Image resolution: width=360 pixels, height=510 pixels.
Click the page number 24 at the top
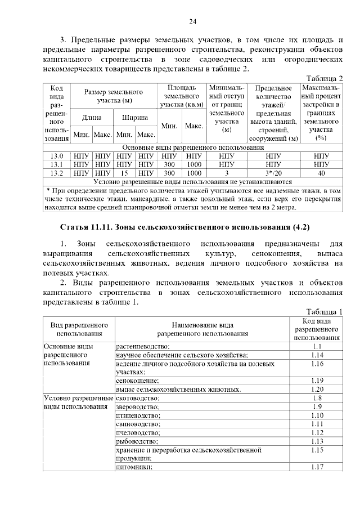point(192,21)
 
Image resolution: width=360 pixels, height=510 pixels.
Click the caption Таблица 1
point(324,311)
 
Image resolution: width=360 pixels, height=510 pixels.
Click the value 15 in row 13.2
point(125,173)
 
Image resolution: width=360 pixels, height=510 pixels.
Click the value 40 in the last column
point(321,173)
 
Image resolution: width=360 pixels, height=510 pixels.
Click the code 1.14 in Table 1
point(317,355)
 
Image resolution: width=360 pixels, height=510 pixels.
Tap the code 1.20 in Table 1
point(317,389)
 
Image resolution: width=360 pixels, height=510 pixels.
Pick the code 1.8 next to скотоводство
point(317,398)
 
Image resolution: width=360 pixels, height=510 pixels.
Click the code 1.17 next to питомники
point(317,467)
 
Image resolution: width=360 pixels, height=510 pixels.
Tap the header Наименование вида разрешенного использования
point(202,329)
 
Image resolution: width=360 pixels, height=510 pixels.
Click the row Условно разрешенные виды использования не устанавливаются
point(192,182)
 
